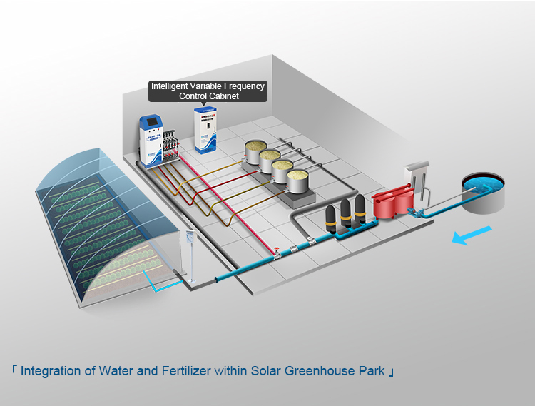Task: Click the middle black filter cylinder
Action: point(346,213)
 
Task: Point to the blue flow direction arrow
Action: point(473,235)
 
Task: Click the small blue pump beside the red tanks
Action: point(421,211)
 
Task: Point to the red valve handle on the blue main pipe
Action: point(274,250)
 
